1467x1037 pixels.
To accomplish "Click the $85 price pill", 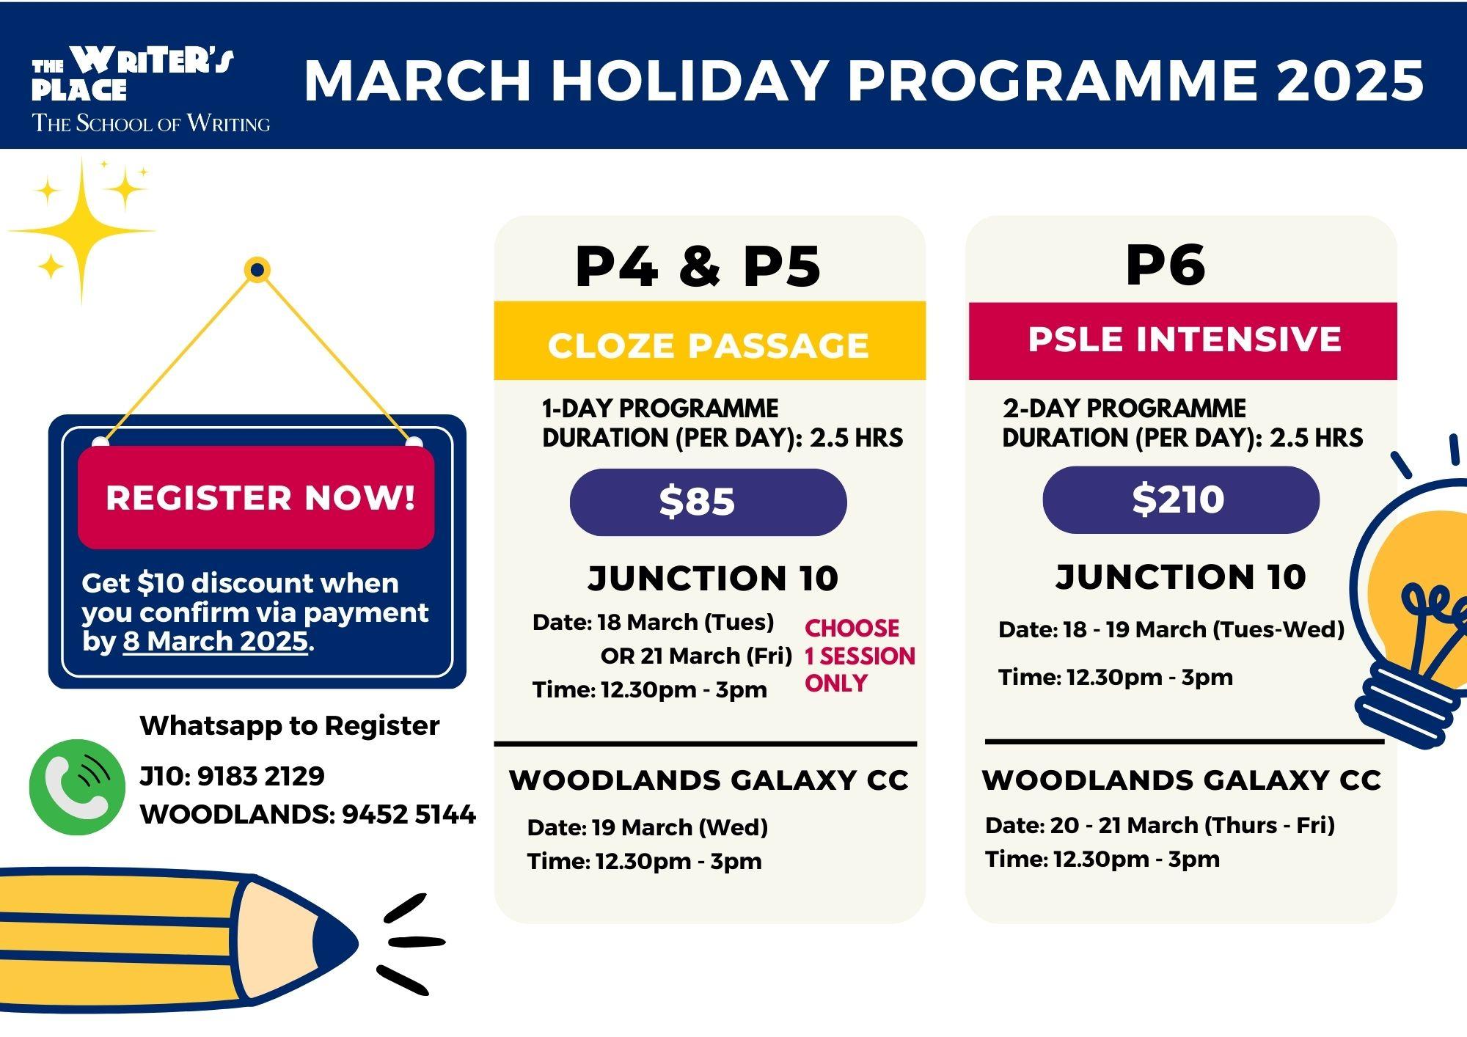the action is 708,502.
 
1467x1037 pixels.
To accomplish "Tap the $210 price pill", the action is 1181,499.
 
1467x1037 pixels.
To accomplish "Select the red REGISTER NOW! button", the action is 256,497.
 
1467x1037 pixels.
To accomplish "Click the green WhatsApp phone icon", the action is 77,787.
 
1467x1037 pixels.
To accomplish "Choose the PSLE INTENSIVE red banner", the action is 1182,341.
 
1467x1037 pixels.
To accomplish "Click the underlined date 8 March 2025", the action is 215,641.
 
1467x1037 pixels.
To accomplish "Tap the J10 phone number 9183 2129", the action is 260,776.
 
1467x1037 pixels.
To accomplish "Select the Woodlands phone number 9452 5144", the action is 409,814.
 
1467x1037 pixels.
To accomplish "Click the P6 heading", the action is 1166,265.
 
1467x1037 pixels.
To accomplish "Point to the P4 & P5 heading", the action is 698,265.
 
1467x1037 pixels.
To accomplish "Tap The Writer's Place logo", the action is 150,89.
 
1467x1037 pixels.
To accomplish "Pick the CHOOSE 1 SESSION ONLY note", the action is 860,656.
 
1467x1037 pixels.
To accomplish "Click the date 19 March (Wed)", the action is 679,827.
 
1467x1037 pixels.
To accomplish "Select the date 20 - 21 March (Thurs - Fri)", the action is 1192,825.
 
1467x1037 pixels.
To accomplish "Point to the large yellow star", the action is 81,231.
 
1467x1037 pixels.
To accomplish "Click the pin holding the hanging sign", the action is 257,271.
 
